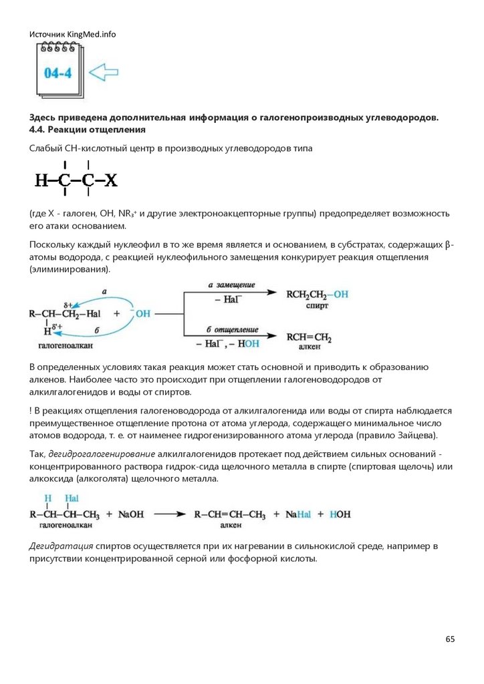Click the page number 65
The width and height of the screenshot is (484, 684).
tap(450, 639)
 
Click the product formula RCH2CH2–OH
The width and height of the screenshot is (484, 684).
tap(317, 294)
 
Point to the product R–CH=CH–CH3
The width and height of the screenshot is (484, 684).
tap(229, 514)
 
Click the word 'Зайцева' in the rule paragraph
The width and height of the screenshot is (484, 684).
tap(414, 436)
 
